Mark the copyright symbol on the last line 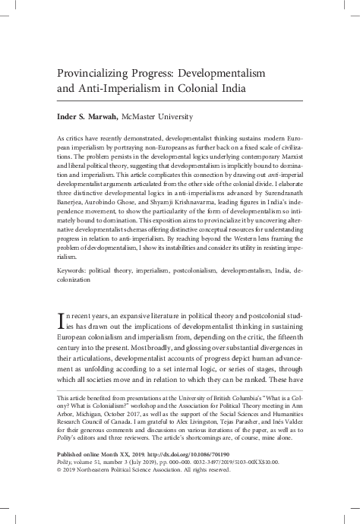tap(60, 493)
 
